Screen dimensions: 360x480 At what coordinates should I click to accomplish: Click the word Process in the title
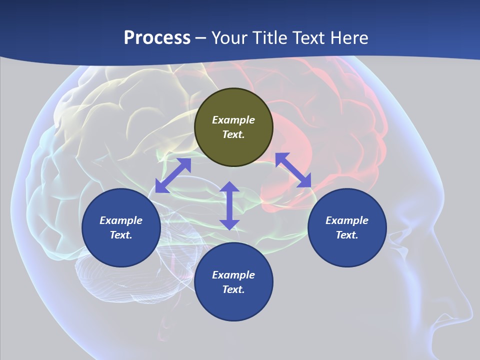click(x=157, y=38)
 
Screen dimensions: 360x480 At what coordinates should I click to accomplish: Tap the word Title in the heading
click(x=271, y=38)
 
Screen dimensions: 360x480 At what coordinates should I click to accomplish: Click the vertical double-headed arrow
click(x=229, y=205)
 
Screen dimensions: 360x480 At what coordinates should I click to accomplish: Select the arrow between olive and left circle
click(x=173, y=175)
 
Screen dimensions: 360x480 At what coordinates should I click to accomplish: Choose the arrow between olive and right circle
click(x=293, y=170)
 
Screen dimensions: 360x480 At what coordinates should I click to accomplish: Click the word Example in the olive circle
click(x=233, y=120)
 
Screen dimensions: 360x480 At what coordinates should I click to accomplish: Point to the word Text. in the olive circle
click(x=233, y=134)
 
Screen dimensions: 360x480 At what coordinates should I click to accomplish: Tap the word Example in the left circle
click(x=121, y=220)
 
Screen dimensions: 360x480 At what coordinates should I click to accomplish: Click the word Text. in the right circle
click(x=347, y=235)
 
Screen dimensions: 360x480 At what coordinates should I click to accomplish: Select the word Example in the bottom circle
click(x=233, y=275)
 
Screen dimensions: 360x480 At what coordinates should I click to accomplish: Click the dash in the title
click(x=201, y=38)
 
